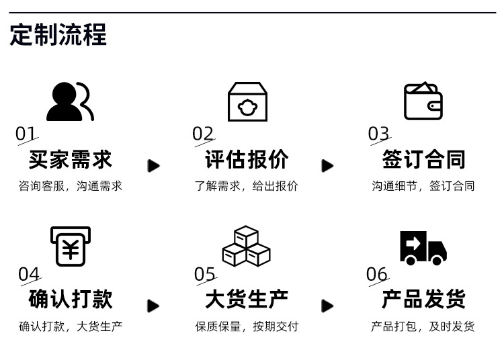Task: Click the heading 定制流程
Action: (58, 35)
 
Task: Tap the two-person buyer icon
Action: (70, 101)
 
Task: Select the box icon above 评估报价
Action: (247, 101)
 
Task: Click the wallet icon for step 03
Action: (423, 101)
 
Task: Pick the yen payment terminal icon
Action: (71, 246)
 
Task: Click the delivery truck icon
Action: (423, 247)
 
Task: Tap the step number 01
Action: (26, 134)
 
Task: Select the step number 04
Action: (29, 274)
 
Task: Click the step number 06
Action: (377, 274)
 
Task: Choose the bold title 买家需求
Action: (71, 160)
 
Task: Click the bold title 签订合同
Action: (423, 160)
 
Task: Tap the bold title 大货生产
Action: (246, 300)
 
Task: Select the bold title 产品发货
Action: (423, 300)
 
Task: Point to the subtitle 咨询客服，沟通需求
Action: (71, 186)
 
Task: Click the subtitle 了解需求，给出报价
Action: (246, 186)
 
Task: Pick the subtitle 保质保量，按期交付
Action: (246, 327)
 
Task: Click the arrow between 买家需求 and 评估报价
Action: (154, 165)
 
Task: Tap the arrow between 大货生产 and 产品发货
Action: (327, 306)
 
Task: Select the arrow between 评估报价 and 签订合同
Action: (327, 165)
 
